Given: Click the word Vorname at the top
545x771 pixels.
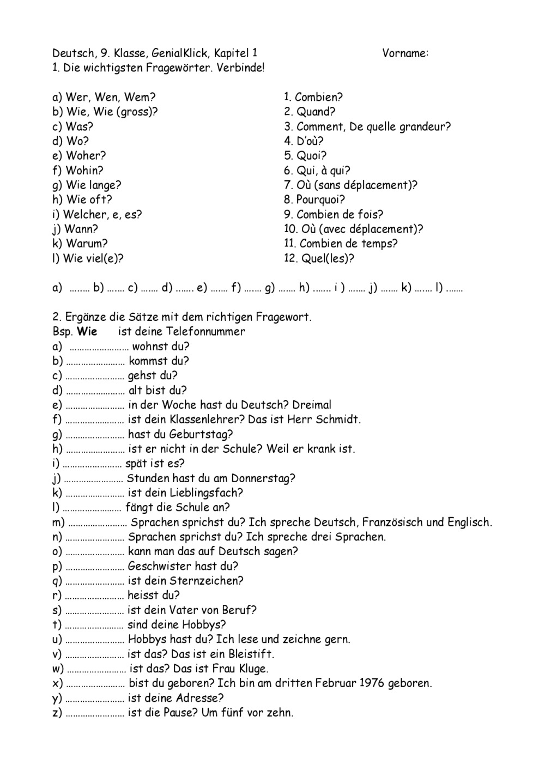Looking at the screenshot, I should pyautogui.click(x=404, y=53).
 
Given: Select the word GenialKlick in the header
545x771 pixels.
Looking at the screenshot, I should pyautogui.click(x=179, y=53).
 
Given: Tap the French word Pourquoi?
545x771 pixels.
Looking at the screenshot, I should pyautogui.click(x=320, y=199).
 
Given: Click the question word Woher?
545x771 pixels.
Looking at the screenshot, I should pyautogui.click(x=86, y=156).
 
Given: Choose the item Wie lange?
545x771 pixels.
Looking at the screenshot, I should pyautogui.click(x=93, y=185).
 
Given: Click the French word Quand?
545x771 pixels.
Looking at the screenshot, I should pyautogui.click(x=316, y=112).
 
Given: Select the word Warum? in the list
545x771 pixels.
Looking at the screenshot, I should pyautogui.click(x=87, y=244).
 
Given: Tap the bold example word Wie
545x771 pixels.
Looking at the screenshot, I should pyautogui.click(x=87, y=332).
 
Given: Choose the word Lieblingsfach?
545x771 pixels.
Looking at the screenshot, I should pyautogui.click(x=207, y=493).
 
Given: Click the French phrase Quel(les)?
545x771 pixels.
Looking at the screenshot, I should pyautogui.click(x=325, y=258).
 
